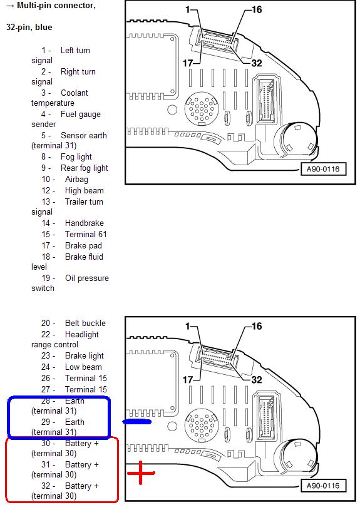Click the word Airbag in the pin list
76,180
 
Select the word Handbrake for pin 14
84,223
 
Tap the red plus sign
141,473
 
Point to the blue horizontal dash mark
137,422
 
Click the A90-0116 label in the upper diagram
323,169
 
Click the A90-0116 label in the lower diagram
323,486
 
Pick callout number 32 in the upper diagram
257,63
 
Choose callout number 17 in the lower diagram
188,380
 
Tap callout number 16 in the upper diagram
257,9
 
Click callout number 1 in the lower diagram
188,326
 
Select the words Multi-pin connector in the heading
56,6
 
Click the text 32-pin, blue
29,28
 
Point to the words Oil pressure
86,278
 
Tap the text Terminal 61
86,234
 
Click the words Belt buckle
85,323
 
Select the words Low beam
83,367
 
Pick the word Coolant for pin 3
74,93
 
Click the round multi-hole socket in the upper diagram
202,109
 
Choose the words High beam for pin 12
84,191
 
